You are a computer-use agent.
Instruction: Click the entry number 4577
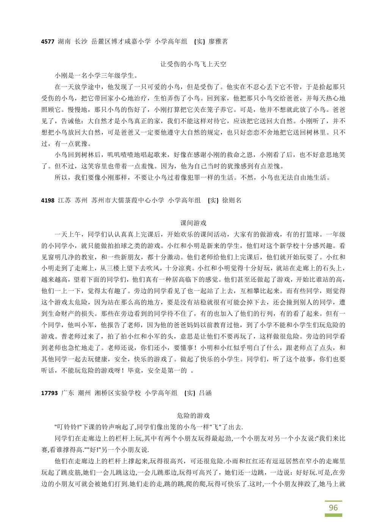(48, 42)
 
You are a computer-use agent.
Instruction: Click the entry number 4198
(48, 200)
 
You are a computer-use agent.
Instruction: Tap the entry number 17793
(49, 393)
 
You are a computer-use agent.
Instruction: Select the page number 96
(333, 507)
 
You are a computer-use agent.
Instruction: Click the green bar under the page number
(333, 515)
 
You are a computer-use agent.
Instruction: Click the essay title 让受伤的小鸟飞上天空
(193, 64)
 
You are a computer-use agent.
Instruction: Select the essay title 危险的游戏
(193, 416)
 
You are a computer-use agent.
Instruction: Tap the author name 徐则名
(232, 200)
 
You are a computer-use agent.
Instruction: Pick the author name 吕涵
(205, 393)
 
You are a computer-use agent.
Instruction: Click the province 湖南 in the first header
(64, 42)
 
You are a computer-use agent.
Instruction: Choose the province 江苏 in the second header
(64, 200)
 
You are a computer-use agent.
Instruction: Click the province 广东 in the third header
(67, 393)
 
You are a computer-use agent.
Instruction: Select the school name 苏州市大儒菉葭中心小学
(128, 200)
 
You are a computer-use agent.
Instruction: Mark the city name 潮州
(84, 393)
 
